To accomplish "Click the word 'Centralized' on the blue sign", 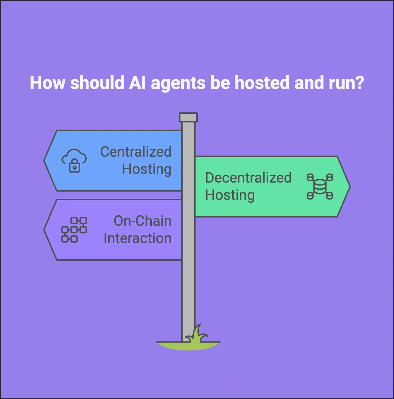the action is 136,152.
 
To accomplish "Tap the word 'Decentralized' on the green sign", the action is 248,178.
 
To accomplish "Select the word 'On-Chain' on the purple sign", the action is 142,221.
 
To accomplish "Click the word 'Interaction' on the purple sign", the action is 137,238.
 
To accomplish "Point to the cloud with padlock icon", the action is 74,161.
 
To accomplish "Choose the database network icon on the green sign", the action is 320,187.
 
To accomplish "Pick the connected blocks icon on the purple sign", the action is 74,230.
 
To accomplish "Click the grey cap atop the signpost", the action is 188,117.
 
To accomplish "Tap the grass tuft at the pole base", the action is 197,334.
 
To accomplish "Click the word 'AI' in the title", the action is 137,83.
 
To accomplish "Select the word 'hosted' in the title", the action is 262,83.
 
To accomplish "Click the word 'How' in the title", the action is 47,83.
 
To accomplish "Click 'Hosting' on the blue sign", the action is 147,170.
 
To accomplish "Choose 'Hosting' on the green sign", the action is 230,196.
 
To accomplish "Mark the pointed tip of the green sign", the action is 350,187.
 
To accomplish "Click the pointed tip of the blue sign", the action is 44,161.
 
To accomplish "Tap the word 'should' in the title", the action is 97,83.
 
